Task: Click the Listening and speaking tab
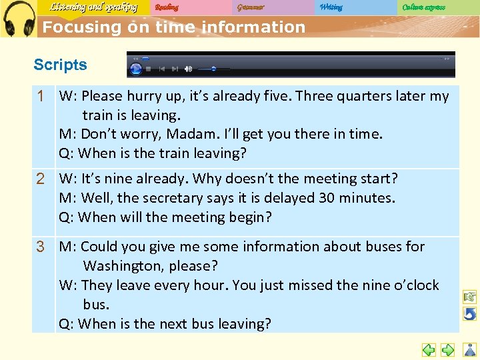click(x=93, y=7)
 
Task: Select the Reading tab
click(x=167, y=7)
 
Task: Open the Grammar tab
click(x=251, y=7)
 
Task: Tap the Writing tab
click(x=331, y=7)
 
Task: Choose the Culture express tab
click(x=423, y=7)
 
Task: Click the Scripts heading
click(x=60, y=65)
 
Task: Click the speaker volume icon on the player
click(x=188, y=69)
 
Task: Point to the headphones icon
click(x=19, y=19)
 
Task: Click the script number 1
click(x=41, y=96)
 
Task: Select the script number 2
click(x=41, y=179)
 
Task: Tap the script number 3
click(x=41, y=247)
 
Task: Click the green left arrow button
click(x=429, y=349)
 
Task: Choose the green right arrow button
click(x=448, y=349)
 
